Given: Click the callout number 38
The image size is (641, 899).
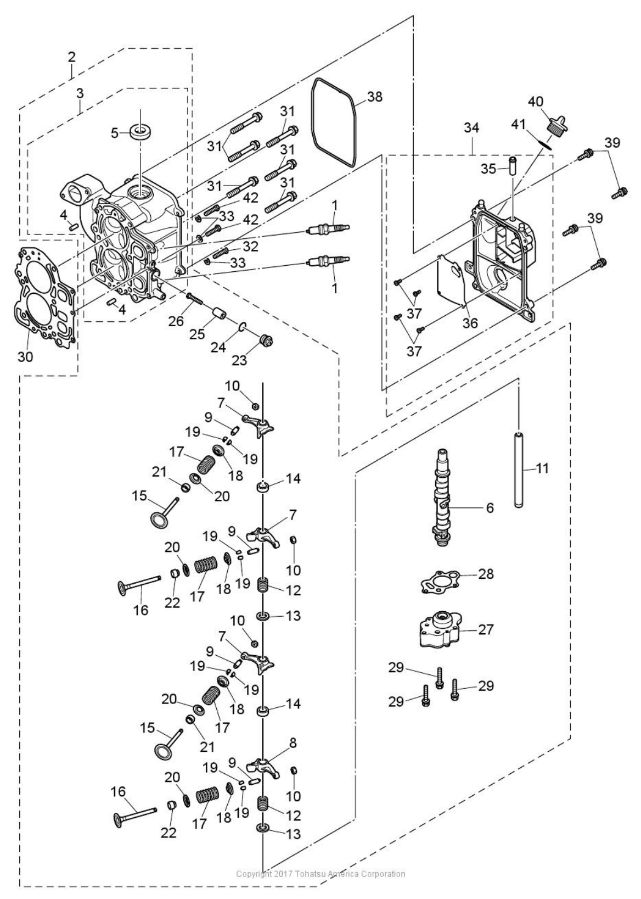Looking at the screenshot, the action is [374, 97].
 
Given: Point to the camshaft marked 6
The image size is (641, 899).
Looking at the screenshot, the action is [441, 497].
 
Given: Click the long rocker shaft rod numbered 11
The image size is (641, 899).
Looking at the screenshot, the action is [519, 469].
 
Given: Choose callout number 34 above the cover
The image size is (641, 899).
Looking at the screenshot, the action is [473, 129].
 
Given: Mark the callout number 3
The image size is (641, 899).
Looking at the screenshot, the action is [80, 93].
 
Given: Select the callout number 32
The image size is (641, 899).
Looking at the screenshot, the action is [251, 245].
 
